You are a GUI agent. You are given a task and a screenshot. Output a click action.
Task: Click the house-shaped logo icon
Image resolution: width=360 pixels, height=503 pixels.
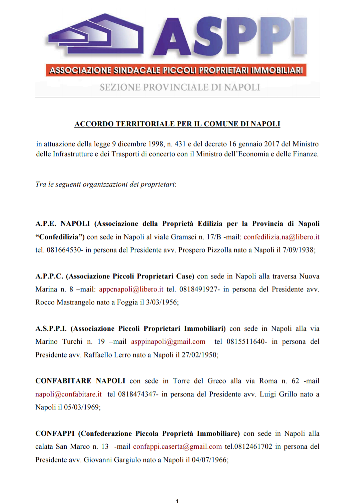tap(96, 35)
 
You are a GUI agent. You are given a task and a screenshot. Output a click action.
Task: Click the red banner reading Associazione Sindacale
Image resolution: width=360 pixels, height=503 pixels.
tap(176, 70)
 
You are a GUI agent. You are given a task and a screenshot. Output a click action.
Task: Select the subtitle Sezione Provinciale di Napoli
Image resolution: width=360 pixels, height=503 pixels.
tap(180, 87)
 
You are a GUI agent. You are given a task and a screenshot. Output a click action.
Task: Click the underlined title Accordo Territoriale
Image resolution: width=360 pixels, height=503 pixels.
tap(177, 124)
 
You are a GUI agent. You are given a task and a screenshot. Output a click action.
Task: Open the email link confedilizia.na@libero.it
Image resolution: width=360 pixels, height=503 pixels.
tap(281, 237)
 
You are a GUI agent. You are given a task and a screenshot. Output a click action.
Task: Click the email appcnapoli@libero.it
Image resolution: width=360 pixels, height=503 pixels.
tap(131, 289)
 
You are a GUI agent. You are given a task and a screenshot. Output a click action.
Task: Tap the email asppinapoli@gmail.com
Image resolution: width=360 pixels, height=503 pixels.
tap(168, 341)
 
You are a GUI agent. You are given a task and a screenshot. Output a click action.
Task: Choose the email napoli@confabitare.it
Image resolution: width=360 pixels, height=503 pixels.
tap(68, 394)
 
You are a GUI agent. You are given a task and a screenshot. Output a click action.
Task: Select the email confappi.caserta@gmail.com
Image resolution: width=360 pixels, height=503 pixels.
tap(177, 446)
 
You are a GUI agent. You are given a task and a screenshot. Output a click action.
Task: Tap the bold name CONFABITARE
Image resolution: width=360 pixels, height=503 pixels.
tap(63, 381)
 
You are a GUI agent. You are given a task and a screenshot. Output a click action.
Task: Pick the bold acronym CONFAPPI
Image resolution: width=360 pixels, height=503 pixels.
tap(55, 433)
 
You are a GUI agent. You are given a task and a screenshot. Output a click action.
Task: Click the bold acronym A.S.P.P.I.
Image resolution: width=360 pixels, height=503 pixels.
tap(51, 328)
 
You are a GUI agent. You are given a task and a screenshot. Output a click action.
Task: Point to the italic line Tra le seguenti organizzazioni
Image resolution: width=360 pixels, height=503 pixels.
tap(106, 184)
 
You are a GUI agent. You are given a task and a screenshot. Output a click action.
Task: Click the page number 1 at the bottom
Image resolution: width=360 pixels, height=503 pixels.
tap(177, 500)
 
